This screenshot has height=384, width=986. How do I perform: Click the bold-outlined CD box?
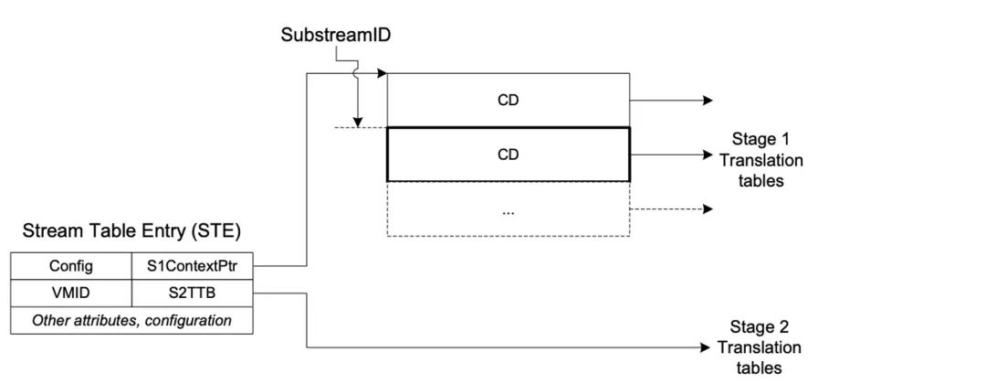point(508,155)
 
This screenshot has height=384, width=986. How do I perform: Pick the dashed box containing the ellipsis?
point(508,209)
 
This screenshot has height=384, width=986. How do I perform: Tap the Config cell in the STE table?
point(71,266)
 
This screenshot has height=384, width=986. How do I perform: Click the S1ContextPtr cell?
point(193,266)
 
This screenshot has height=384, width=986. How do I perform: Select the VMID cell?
point(71,293)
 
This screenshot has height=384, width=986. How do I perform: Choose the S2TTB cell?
point(193,293)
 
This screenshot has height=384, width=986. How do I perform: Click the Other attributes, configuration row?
point(131,320)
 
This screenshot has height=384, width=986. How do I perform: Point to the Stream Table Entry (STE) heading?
point(131,231)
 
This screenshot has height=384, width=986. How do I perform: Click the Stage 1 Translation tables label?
point(760,159)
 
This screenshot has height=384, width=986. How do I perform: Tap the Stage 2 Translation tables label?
point(760,347)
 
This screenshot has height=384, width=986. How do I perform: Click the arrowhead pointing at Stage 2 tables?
point(706,347)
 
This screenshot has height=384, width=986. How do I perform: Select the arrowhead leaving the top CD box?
point(708,101)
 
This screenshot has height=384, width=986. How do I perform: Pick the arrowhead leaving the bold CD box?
point(708,155)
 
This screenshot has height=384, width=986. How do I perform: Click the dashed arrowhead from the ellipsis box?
point(708,209)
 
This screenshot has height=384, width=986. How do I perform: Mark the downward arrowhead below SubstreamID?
point(358,122)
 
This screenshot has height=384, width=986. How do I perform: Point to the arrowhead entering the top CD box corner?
point(383,74)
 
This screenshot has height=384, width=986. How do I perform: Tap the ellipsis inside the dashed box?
point(508,210)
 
